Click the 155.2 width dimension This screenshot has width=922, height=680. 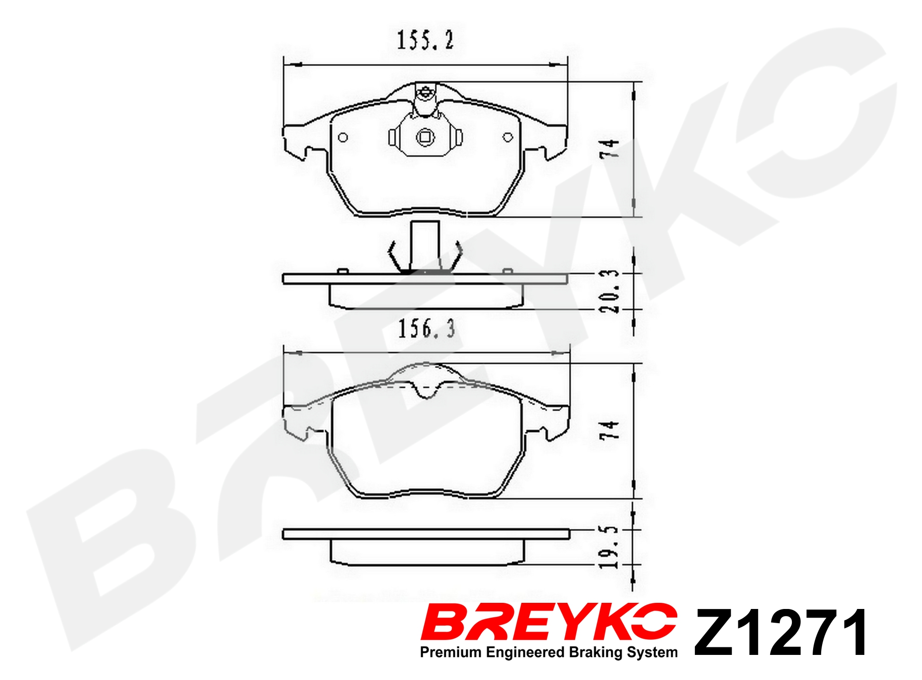pyautogui.click(x=425, y=40)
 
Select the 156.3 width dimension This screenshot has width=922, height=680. pyautogui.click(x=426, y=329)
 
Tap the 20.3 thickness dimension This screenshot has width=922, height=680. pyautogui.click(x=610, y=291)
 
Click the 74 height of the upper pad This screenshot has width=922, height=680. pyautogui.click(x=610, y=149)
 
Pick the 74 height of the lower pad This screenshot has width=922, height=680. pyautogui.click(x=610, y=430)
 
